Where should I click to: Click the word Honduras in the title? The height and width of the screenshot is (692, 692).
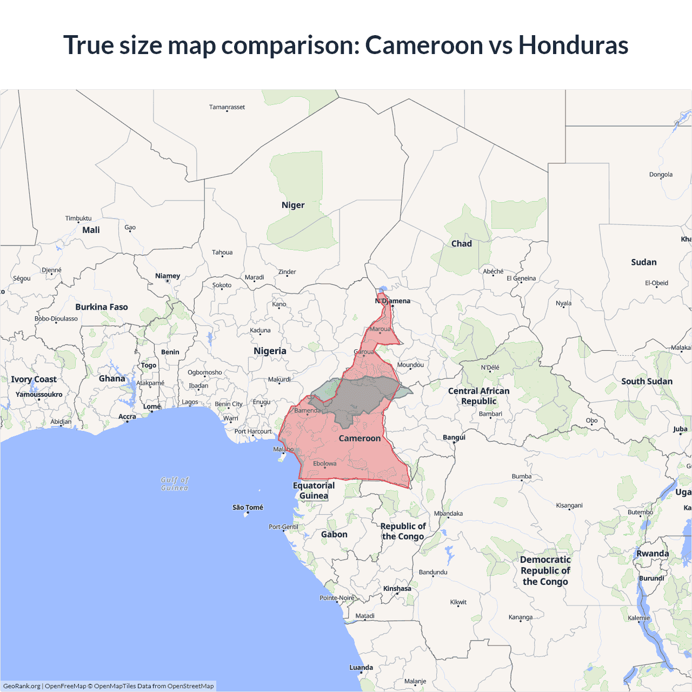(573, 45)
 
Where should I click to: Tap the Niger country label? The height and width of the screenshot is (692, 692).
(293, 205)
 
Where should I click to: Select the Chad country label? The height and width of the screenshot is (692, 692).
(462, 243)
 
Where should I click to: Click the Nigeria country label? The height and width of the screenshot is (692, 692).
(270, 351)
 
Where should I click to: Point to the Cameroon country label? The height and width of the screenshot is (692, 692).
(360, 438)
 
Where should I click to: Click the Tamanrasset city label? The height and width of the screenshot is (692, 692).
(227, 107)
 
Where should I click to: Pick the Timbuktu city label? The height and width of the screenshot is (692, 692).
(78, 218)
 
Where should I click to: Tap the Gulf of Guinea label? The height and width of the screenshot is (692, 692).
(175, 484)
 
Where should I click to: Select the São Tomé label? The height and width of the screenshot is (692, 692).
(248, 507)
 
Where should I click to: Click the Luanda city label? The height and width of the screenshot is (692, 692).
(361, 667)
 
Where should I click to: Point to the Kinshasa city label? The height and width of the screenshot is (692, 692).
(397, 588)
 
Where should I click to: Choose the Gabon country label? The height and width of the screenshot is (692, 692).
(334, 534)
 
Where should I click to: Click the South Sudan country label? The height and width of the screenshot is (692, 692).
(647, 381)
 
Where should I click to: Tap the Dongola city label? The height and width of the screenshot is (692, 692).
(661, 175)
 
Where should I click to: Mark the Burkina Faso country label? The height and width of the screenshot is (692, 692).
(102, 307)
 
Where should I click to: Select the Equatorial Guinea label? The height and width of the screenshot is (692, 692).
(314, 490)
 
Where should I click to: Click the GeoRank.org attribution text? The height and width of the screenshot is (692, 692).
(22, 686)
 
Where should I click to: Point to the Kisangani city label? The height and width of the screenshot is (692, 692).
(569, 505)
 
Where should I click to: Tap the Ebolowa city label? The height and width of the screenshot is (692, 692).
(324, 463)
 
